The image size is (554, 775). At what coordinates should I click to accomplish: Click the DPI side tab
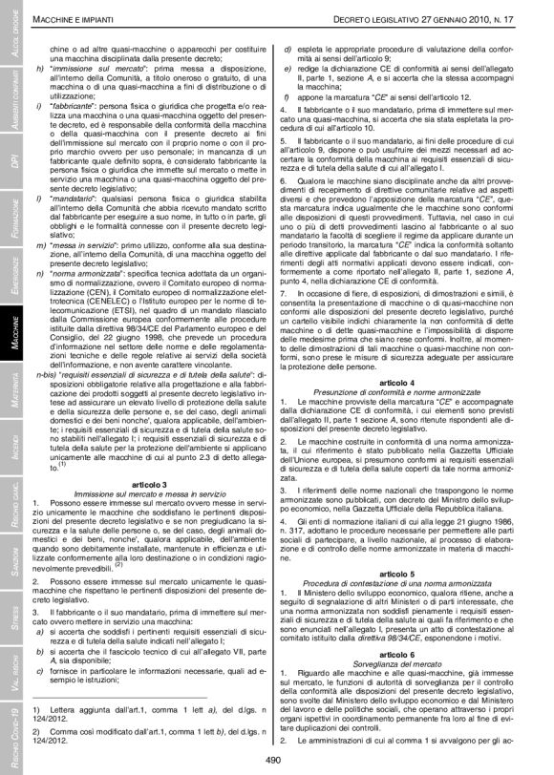(x=11, y=159)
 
